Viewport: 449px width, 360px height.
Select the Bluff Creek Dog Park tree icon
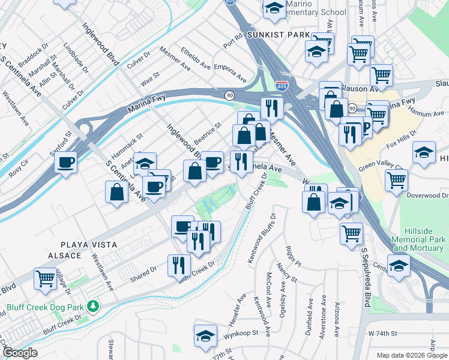(x=92, y=307)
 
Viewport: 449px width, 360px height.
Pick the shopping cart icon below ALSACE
(x=45, y=280)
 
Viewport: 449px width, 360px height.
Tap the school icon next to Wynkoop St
(x=205, y=336)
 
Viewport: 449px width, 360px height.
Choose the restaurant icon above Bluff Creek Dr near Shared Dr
(x=179, y=265)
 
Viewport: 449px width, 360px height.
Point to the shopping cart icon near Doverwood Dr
(x=396, y=179)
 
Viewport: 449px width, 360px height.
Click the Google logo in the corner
(x=19, y=353)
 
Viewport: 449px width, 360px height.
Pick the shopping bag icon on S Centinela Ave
(x=116, y=192)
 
